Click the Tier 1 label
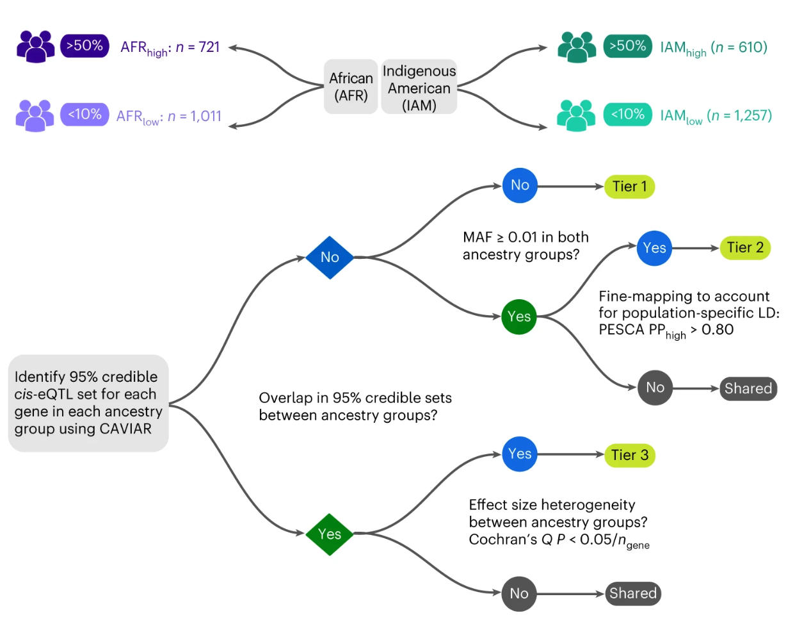pos(629,186)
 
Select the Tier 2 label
pos(745,248)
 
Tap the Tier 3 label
pos(630,456)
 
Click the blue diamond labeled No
pos(330,258)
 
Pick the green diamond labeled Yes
pos(330,534)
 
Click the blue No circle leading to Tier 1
pos(520,186)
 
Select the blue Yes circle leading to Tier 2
pos(654,248)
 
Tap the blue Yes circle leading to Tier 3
pos(520,454)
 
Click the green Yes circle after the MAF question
pos(519,316)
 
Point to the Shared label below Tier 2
pos(748,389)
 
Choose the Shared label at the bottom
pos(632,594)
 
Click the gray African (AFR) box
pos(351,86)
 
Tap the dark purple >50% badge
pos(85,46)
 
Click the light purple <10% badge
pos(85,115)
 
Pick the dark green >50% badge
pos(627,46)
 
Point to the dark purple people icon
pos(36,46)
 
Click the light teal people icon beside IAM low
pos(576,115)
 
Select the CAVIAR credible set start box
pos(88,403)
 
